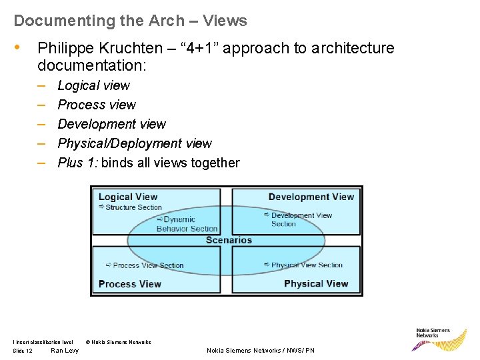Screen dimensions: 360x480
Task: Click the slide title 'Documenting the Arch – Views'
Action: [130, 21]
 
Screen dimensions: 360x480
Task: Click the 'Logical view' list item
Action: [93, 85]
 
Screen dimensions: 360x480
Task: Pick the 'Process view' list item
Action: [97, 105]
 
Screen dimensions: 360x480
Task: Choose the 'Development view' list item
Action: [111, 124]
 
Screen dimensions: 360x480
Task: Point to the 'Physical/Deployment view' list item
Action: [135, 143]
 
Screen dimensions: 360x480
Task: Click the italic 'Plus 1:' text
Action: [77, 163]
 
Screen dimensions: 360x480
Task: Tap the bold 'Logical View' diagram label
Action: [128, 197]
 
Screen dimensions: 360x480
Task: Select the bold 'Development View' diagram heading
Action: [311, 197]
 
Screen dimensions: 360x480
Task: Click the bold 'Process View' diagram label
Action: [129, 284]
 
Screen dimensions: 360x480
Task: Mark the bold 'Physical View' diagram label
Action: [316, 283]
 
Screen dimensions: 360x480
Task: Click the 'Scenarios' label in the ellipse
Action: [229, 240]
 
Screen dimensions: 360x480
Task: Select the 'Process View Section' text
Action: [148, 265]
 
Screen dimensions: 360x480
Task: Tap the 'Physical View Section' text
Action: [307, 265]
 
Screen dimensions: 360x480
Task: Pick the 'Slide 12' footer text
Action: [23, 351]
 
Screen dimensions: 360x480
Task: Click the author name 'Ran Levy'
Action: [65, 351]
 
